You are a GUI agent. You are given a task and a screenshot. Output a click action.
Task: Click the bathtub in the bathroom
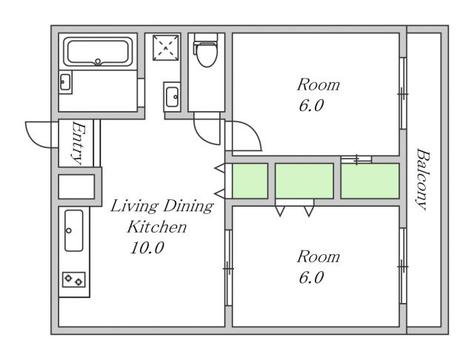click(x=98, y=52)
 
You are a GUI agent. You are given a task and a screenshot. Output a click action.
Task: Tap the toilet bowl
click(x=207, y=54)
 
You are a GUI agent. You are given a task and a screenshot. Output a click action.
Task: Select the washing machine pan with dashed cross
click(x=166, y=47)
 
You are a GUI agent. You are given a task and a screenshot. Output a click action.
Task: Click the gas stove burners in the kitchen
click(x=74, y=279)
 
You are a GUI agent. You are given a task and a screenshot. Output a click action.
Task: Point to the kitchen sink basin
click(x=74, y=230)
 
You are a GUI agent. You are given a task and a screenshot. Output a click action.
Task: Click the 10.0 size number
click(x=147, y=248)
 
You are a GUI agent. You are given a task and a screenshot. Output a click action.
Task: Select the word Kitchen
click(x=157, y=227)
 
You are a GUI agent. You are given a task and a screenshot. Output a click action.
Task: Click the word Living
click(x=134, y=207)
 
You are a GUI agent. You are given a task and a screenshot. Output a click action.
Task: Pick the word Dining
click(x=188, y=207)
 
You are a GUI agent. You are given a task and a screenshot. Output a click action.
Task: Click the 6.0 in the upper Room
click(x=311, y=106)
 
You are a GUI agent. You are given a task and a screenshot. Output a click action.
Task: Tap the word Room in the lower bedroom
click(x=318, y=257)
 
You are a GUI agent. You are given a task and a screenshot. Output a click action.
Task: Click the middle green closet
click(x=304, y=181)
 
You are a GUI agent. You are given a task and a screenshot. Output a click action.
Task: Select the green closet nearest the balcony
click(x=370, y=181)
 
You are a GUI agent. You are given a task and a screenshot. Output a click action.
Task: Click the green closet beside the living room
click(x=250, y=181)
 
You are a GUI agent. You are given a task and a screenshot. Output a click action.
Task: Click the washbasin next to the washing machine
click(x=172, y=97)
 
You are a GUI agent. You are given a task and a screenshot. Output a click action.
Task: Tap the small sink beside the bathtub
click(x=65, y=82)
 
